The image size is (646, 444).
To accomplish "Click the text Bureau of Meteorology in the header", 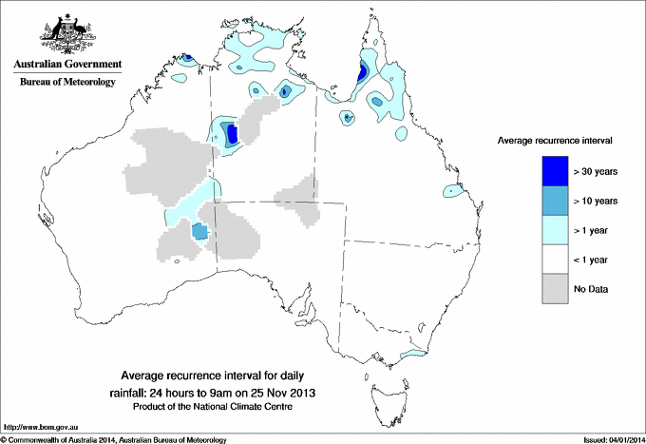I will pyautogui.click(x=66, y=83).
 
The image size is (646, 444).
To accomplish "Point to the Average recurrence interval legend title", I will pyautogui.click(x=555, y=140).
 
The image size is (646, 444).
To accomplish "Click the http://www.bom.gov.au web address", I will pyautogui.click(x=36, y=428).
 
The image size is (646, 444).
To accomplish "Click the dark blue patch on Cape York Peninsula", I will pyautogui.click(x=362, y=73).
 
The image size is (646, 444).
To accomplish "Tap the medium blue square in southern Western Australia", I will pyautogui.click(x=200, y=230).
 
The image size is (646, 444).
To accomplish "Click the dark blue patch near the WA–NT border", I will pyautogui.click(x=232, y=134).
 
